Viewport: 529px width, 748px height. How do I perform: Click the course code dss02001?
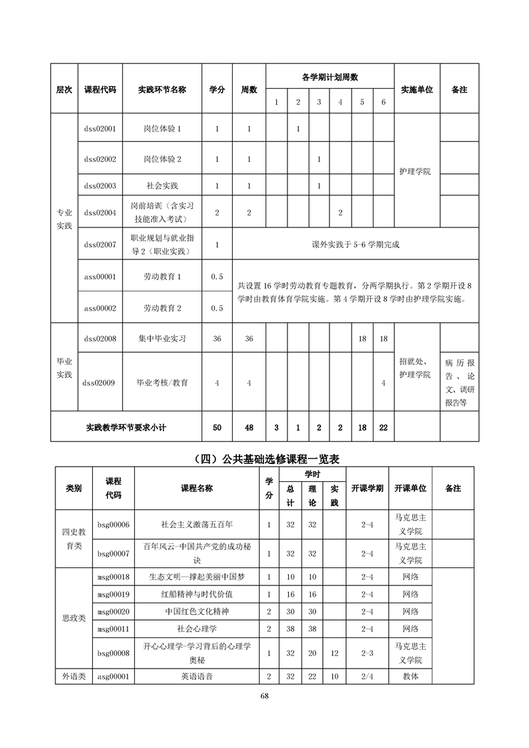click(x=100, y=128)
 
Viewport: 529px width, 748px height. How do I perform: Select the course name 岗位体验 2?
click(x=162, y=159)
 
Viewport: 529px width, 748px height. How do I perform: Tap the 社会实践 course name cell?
click(x=162, y=185)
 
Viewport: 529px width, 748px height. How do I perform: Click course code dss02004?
click(x=100, y=213)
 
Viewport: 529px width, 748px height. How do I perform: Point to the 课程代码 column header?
click(x=100, y=89)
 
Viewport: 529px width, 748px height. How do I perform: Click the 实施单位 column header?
click(x=417, y=89)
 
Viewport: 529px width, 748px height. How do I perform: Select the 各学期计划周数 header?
click(x=330, y=77)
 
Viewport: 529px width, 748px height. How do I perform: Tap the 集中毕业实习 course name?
click(x=162, y=339)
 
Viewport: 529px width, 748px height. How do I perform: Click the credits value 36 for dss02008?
click(x=217, y=339)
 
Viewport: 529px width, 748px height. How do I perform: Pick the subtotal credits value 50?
click(x=217, y=427)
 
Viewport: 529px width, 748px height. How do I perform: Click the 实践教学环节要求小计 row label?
click(x=126, y=427)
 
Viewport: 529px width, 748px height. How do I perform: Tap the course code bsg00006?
click(x=113, y=525)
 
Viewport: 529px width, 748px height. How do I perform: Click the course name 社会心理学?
click(x=197, y=628)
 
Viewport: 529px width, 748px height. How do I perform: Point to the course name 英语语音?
click(x=197, y=676)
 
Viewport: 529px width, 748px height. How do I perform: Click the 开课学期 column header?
click(x=367, y=489)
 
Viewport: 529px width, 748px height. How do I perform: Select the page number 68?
click(x=264, y=696)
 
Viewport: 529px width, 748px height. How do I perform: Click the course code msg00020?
click(x=113, y=611)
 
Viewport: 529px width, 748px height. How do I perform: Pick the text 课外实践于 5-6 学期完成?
click(x=356, y=245)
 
